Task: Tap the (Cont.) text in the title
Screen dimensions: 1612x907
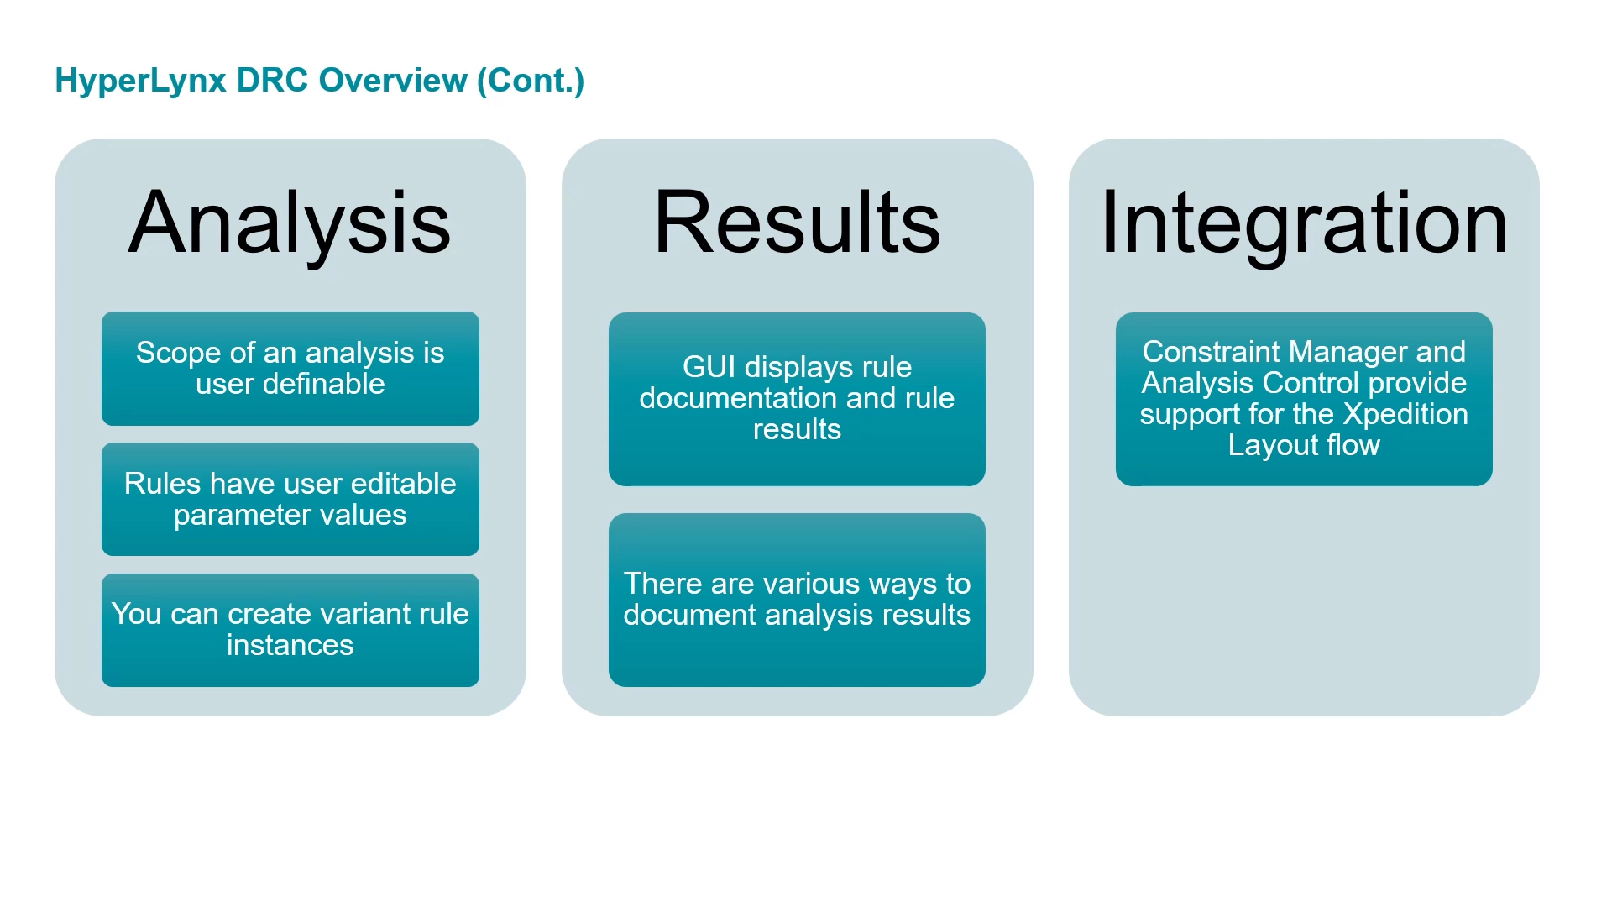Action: pyautogui.click(x=531, y=81)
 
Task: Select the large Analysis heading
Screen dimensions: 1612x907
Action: pyautogui.click(x=290, y=223)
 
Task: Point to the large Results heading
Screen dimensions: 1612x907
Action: pyautogui.click(x=797, y=222)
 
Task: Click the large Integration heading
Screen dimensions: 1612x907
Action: pyautogui.click(x=1304, y=223)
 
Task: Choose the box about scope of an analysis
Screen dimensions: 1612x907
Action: pyautogui.click(x=290, y=369)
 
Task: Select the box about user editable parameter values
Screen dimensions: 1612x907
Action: pyautogui.click(x=290, y=499)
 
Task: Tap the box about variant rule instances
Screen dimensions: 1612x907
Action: pyautogui.click(x=290, y=630)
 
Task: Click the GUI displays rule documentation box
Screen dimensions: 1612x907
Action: pyautogui.click(x=797, y=399)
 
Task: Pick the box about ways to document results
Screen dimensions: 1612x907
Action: pyautogui.click(x=797, y=600)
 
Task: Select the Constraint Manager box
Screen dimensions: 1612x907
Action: pyautogui.click(x=1304, y=399)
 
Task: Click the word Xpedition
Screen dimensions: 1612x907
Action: pyautogui.click(x=1405, y=415)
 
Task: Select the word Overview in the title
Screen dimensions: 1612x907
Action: pyautogui.click(x=393, y=81)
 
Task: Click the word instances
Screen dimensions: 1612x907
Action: pyautogui.click(x=290, y=645)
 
